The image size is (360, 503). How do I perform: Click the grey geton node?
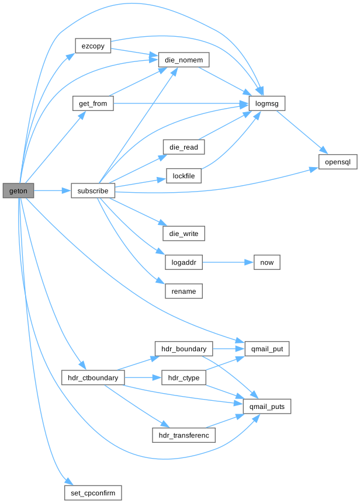(x=18, y=190)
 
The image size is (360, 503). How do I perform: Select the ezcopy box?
(x=93, y=46)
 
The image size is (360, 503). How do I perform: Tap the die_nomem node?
(x=184, y=60)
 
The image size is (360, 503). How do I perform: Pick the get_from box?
(x=93, y=103)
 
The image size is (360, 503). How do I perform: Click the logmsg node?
(x=267, y=103)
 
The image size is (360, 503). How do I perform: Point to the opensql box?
(x=338, y=161)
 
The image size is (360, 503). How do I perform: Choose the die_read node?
(x=183, y=147)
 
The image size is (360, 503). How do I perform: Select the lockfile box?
(x=184, y=176)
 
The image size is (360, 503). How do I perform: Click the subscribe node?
(x=93, y=190)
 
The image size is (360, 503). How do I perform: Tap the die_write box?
(x=183, y=234)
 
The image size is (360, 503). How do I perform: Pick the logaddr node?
(x=184, y=262)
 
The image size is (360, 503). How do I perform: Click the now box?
(x=266, y=262)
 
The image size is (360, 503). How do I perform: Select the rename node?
(x=184, y=292)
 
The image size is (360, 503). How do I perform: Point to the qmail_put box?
(x=267, y=349)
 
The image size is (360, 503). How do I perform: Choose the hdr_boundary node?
(x=184, y=349)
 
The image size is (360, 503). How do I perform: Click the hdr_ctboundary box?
(x=93, y=378)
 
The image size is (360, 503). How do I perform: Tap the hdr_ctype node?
(x=184, y=378)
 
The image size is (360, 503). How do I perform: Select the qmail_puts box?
(x=267, y=407)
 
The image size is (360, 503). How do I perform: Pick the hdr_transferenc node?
(x=184, y=435)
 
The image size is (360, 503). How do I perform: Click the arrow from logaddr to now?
(x=227, y=262)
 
